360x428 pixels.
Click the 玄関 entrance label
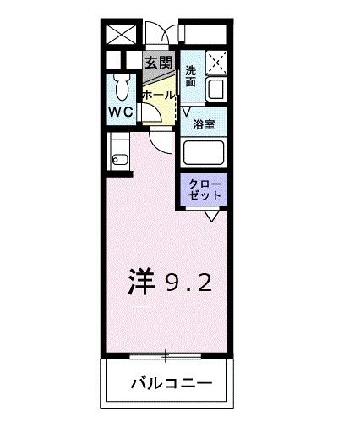point(158,63)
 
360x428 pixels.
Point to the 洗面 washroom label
point(191,76)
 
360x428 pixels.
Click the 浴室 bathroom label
point(204,123)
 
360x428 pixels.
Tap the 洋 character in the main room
point(144,282)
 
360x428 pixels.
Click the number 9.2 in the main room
point(188,283)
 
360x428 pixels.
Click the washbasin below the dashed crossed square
point(215,87)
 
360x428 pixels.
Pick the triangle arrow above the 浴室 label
point(187,109)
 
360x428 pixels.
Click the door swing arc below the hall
point(160,139)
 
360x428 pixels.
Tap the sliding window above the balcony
point(167,353)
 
